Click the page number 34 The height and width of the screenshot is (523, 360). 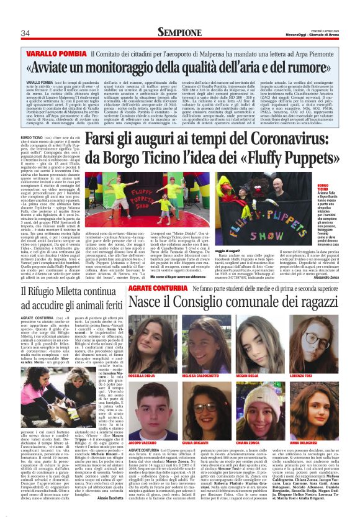point(25,33)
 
